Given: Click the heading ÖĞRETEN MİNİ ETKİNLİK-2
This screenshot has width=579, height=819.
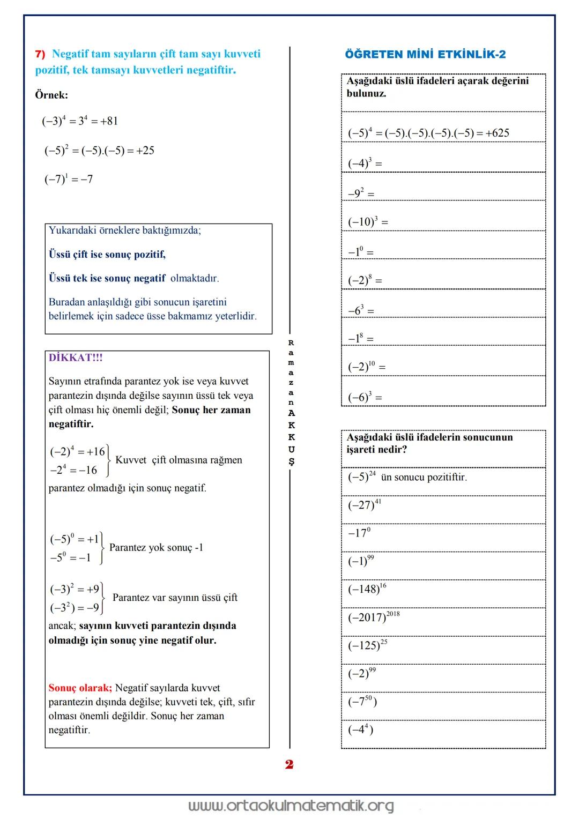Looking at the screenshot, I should tap(425, 54).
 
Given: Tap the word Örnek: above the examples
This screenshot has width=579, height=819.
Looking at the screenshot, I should tap(51, 95).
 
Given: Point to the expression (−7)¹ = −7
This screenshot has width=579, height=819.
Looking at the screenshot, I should tap(69, 179).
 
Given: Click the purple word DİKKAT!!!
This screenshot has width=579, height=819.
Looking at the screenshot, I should tap(76, 358).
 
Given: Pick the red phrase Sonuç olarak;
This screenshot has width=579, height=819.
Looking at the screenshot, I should tap(80, 688).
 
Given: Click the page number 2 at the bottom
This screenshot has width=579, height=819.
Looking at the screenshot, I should tap(289, 764).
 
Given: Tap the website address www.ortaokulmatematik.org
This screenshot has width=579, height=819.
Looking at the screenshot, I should tap(291, 806).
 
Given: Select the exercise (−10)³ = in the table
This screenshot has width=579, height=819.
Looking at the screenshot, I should tap(368, 221).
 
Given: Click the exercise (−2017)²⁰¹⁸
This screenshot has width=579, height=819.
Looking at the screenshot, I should tap(374, 617).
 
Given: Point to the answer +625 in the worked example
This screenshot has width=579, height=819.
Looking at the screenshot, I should tap(497, 133).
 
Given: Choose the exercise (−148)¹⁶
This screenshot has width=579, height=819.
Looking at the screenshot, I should tap(367, 589).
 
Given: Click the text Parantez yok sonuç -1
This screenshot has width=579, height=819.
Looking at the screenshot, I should tap(156, 547).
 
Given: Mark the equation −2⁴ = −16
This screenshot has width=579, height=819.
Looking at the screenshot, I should tap(73, 470).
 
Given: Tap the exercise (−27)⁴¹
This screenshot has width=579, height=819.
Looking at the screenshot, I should tap(365, 504).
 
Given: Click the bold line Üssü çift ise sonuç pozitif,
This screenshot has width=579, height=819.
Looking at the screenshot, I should tap(107, 254).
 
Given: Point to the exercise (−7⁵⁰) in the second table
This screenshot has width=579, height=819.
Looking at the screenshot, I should tap(362, 701).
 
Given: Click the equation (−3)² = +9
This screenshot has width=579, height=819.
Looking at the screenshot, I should tap(75, 589).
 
